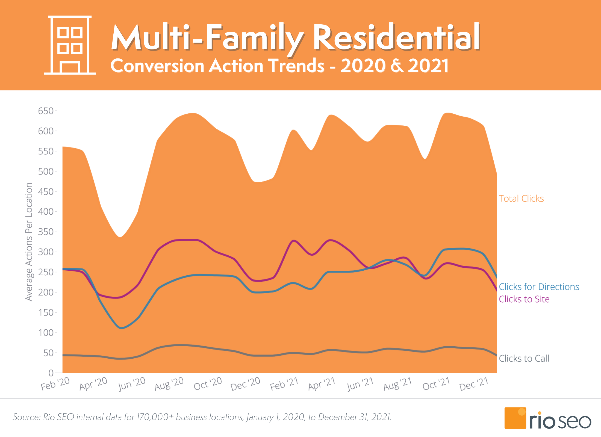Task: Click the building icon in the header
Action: tap(70, 45)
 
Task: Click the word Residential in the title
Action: tap(396, 38)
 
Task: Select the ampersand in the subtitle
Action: tap(397, 66)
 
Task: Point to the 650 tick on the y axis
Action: tap(46, 111)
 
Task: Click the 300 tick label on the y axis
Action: tap(46, 252)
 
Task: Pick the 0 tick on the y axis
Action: tap(51, 373)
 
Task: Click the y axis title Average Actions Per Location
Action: tap(29, 242)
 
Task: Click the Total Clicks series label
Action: tap(521, 199)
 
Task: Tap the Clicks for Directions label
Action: tap(539, 287)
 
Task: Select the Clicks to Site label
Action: tap(524, 299)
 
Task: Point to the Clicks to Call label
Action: tap(524, 358)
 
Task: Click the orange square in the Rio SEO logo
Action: tap(515, 418)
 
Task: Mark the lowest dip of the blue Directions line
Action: tap(121, 328)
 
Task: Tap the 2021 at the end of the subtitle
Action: tap(428, 66)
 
